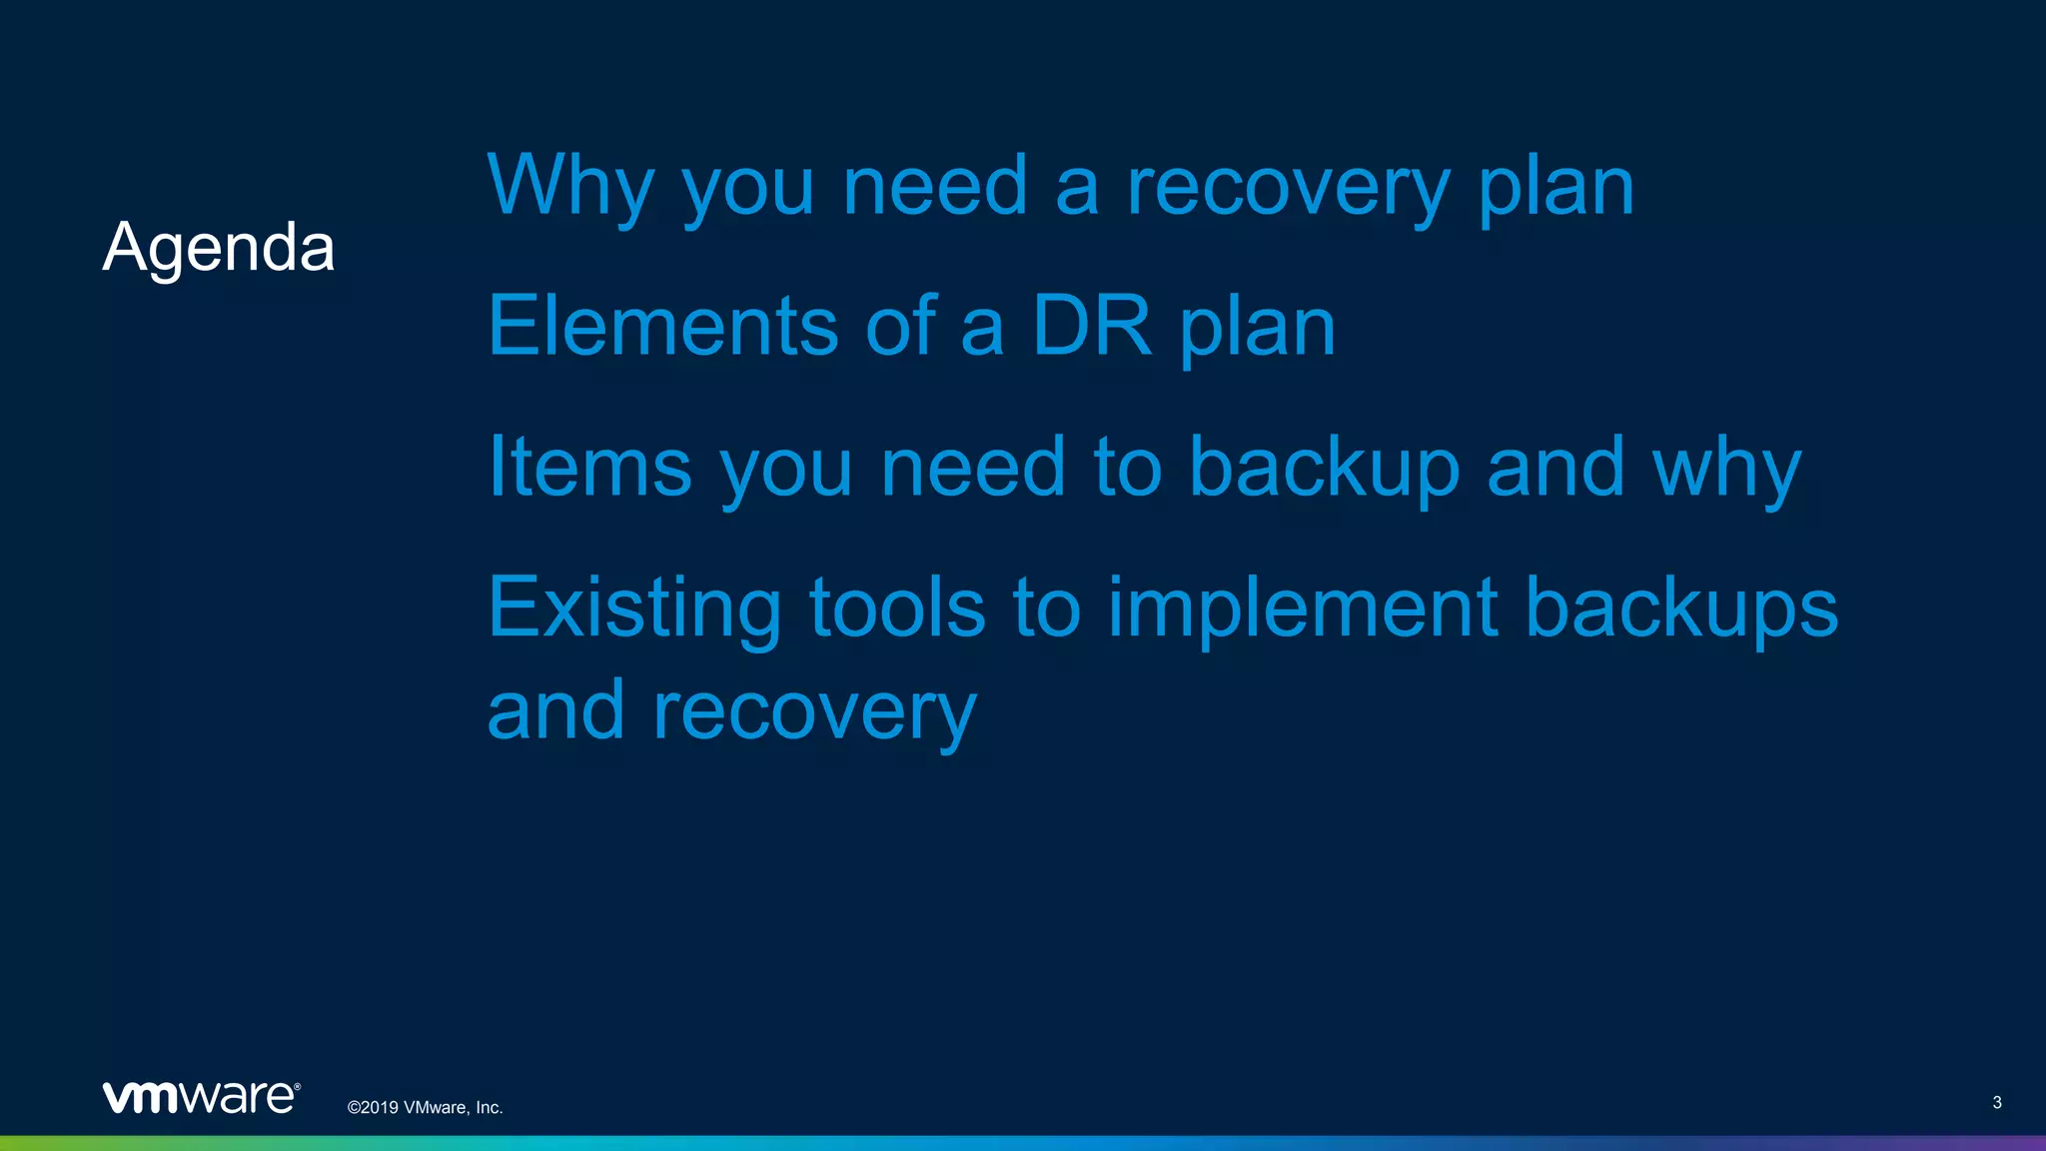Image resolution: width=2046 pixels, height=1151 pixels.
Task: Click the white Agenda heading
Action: tap(218, 248)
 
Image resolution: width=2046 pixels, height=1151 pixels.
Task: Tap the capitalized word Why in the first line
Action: tap(570, 186)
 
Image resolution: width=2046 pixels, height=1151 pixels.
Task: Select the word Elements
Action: tap(662, 327)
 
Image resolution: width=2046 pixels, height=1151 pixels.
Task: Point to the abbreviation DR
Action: tap(1091, 327)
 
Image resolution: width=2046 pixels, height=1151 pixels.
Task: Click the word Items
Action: tap(589, 468)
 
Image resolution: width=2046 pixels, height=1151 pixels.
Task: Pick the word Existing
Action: tap(634, 608)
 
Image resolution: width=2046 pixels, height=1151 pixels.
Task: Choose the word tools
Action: tap(897, 608)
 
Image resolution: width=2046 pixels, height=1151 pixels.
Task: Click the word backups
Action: tap(1681, 608)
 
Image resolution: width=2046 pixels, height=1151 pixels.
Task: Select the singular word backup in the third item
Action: tap(1325, 468)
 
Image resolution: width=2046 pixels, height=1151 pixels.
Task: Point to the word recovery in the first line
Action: tap(1288, 186)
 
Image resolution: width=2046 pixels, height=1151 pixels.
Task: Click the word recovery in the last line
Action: tap(814, 711)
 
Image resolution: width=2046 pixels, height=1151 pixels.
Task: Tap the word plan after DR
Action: tap(1257, 327)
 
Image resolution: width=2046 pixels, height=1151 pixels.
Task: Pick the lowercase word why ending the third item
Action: tap(1726, 468)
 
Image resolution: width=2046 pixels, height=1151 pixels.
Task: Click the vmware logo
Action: tap(201, 1097)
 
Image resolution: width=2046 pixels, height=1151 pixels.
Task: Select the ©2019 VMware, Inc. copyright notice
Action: tap(425, 1107)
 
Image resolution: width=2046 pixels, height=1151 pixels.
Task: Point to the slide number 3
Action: tap(1996, 1102)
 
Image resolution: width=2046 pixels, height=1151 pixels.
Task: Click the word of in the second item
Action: tap(900, 327)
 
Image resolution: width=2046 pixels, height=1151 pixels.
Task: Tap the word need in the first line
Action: tap(935, 186)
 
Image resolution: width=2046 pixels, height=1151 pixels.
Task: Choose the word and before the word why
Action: tap(1555, 468)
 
